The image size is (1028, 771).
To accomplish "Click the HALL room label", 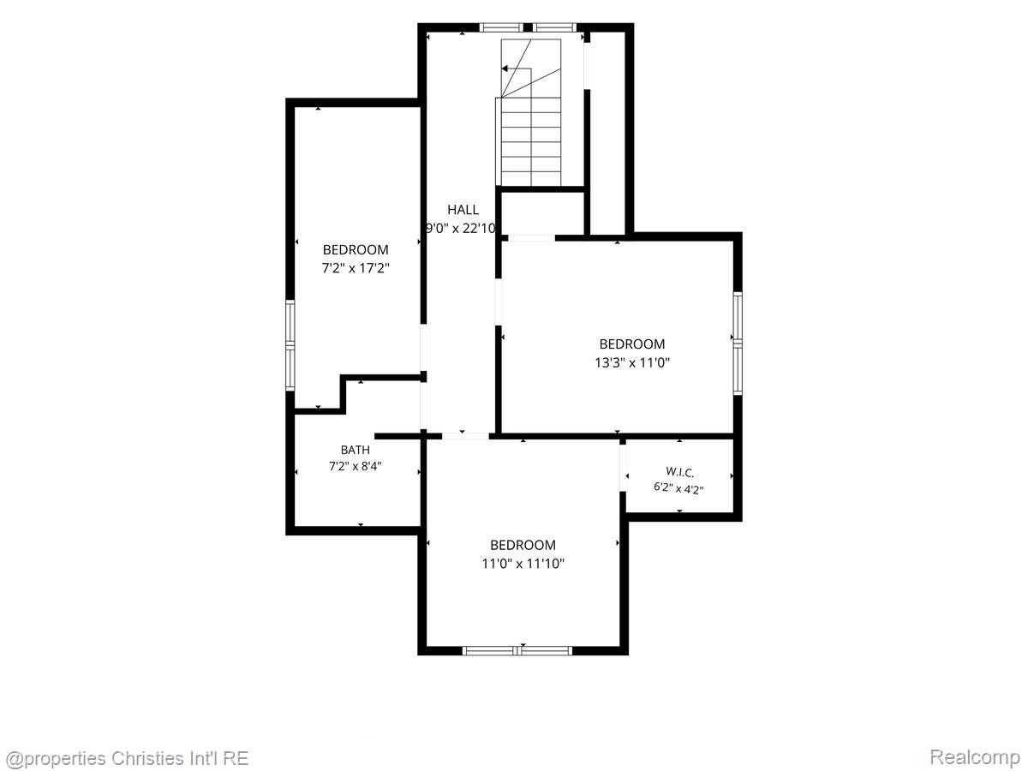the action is click(x=463, y=209).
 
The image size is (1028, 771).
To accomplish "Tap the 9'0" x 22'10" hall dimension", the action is click(x=460, y=228).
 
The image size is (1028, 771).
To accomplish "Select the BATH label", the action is click(x=355, y=450).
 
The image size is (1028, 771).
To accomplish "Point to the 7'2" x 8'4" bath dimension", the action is click(x=355, y=466).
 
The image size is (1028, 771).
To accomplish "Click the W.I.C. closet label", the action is click(x=679, y=472).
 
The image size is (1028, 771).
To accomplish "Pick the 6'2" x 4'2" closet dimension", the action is click(x=678, y=488).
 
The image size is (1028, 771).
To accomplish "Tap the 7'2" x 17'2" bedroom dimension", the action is click(x=356, y=268).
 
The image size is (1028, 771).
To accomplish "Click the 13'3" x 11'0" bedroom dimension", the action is click(x=632, y=362).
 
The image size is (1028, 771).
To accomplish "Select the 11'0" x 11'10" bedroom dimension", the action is click(x=523, y=563).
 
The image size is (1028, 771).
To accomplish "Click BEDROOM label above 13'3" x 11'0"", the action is click(x=632, y=344).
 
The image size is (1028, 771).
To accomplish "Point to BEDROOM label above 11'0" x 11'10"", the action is click(x=523, y=545).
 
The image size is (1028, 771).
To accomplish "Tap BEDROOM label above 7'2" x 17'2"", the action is click(x=356, y=249).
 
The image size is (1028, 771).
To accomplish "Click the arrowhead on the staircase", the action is click(x=505, y=69).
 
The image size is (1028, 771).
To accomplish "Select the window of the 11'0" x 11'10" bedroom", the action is click(x=517, y=650).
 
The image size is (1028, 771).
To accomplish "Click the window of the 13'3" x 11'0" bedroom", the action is click(x=738, y=344).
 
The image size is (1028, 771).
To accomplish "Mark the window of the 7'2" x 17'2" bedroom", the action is click(x=290, y=345).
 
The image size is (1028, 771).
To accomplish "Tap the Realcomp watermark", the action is click(x=975, y=756).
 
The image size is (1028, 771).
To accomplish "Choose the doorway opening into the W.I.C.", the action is click(x=623, y=468).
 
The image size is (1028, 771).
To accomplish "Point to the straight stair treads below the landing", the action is click(x=531, y=141).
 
